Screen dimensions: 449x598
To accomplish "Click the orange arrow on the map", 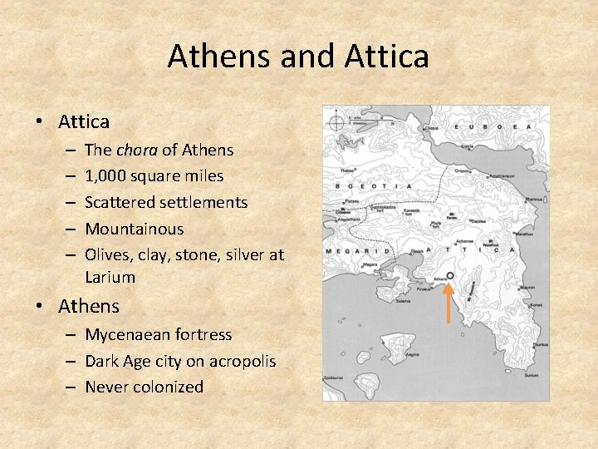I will [x=447, y=303].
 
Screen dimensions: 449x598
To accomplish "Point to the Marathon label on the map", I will [x=524, y=234].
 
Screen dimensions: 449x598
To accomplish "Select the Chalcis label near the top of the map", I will [x=432, y=128].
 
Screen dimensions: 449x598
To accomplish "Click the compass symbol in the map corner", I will [x=336, y=124].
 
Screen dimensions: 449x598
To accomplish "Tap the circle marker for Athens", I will [x=449, y=276].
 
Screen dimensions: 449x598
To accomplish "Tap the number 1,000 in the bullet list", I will [x=108, y=176].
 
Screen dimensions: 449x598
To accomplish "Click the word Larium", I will [x=110, y=277].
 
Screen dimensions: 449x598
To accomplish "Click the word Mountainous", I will [x=134, y=229].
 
